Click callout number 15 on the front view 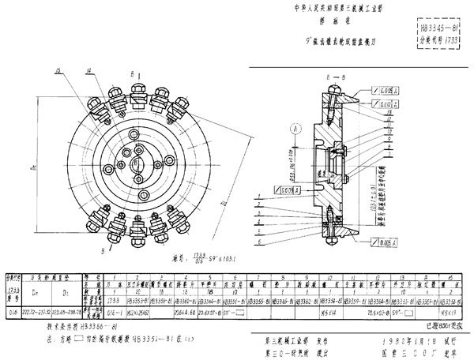[x=58, y=71]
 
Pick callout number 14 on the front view [x=88, y=71]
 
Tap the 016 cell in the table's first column [x=12, y=313]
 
